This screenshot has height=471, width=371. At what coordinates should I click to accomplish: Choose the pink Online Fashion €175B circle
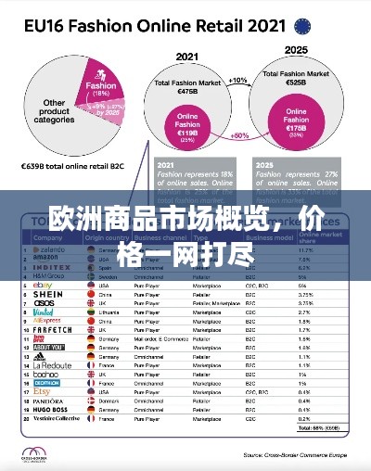pyautogui.click(x=297, y=124)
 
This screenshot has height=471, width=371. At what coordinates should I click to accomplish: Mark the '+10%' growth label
pyautogui.click(x=238, y=81)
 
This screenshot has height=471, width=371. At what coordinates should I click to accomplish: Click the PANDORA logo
pyautogui.click(x=47, y=401)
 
